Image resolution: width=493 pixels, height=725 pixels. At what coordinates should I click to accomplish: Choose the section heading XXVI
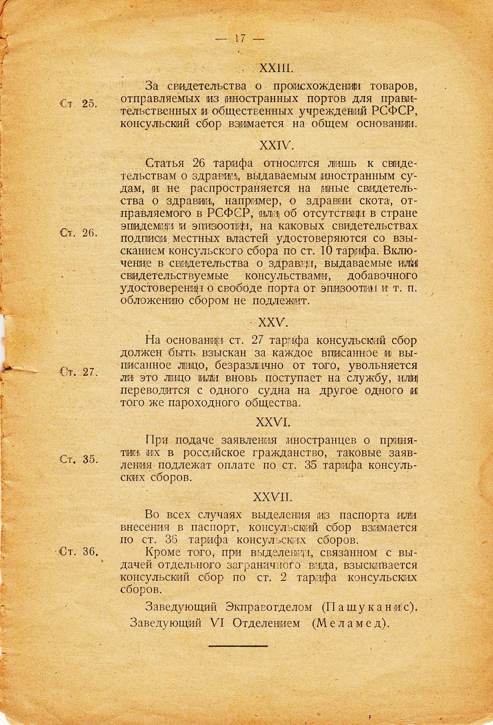click(276, 422)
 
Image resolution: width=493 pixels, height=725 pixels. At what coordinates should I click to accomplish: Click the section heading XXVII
click(276, 496)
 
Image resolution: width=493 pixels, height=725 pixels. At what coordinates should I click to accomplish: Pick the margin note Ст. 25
click(78, 104)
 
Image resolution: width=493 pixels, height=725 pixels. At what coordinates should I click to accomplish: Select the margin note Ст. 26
click(78, 233)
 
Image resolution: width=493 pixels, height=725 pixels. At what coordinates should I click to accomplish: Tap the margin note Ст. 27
click(78, 372)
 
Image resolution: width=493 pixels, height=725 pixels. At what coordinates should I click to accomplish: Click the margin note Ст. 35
click(78, 459)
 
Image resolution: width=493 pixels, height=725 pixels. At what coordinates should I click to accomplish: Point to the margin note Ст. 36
click(78, 552)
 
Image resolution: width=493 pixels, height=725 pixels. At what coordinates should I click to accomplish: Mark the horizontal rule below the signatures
click(238, 646)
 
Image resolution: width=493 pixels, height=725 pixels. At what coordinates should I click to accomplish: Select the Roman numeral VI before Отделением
click(217, 624)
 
